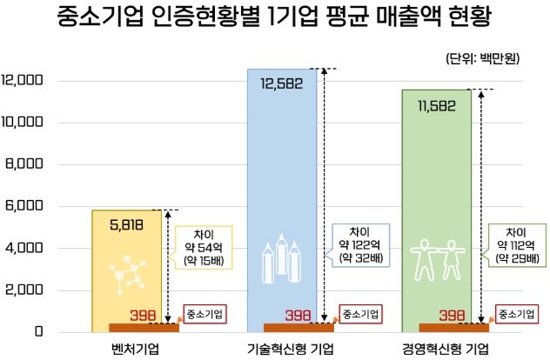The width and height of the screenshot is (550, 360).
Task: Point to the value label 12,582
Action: click(x=282, y=83)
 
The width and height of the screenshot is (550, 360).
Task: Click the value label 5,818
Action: click(x=129, y=224)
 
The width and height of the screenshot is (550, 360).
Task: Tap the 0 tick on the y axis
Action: click(x=39, y=332)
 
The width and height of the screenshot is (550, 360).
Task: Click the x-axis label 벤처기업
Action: click(x=128, y=349)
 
